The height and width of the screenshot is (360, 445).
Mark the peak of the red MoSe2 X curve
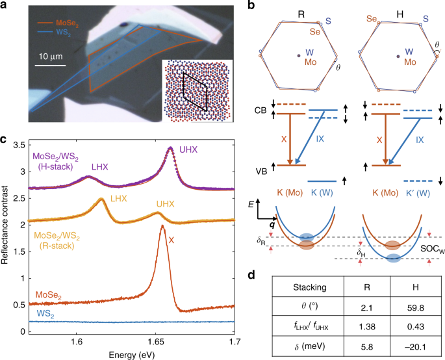coord(162,226)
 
